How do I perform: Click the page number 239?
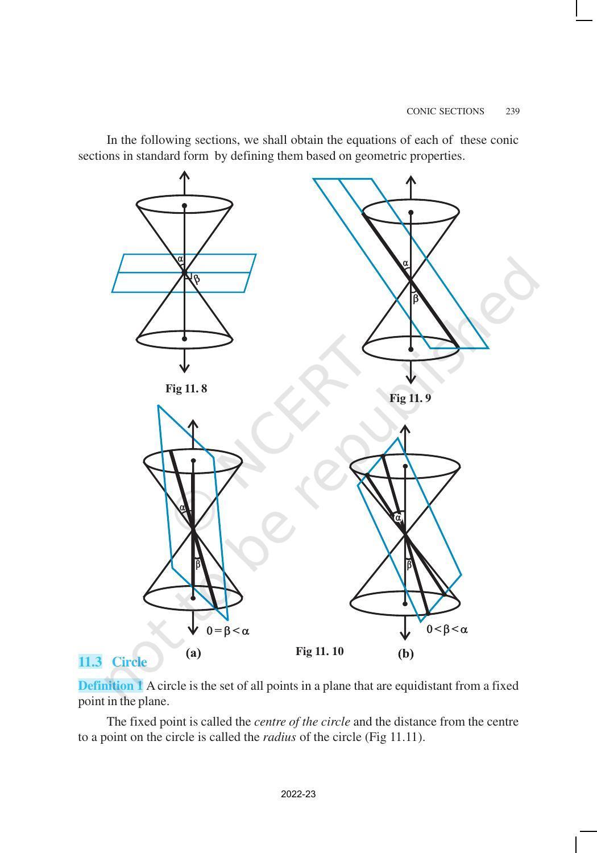point(512,111)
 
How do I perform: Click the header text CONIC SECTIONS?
point(445,111)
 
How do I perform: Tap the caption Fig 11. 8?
point(186,389)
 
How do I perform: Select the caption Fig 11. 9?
point(410,399)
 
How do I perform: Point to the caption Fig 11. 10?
point(320,652)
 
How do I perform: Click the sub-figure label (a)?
point(193,653)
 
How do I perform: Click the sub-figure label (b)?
point(405,654)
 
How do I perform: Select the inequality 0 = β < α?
point(228,631)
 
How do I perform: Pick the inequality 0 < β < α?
point(447,630)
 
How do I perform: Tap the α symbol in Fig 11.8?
point(180,259)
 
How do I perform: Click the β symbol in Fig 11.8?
point(197,279)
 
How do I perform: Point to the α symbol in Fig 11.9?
point(405,263)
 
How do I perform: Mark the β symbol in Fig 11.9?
point(416,299)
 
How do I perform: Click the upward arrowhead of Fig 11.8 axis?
point(184,175)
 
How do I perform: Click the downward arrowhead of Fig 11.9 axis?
point(411,379)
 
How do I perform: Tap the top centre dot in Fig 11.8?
point(184,205)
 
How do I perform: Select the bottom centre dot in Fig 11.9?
point(411,349)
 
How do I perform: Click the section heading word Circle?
point(130,662)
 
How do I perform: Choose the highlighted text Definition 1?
point(110,686)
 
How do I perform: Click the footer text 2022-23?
point(298,794)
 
